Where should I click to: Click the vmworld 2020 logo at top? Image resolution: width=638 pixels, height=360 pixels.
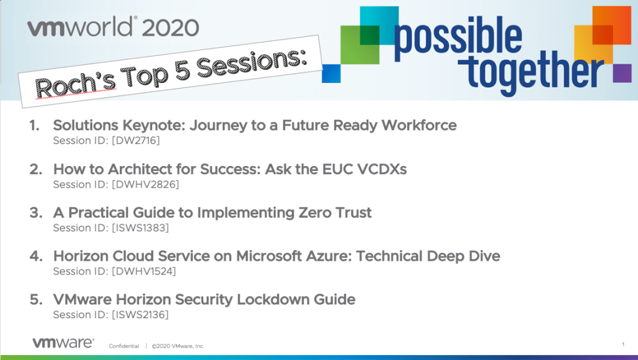[x=113, y=27]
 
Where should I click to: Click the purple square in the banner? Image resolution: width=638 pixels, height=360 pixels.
[x=622, y=73]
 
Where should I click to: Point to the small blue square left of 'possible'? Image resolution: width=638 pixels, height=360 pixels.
[x=331, y=73]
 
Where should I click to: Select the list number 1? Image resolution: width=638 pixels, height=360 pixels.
[x=34, y=125]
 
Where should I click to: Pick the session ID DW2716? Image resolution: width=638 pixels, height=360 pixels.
[x=136, y=140]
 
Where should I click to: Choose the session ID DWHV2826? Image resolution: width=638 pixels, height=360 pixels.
[x=145, y=185]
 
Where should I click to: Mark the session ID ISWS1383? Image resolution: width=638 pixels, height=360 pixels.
[x=140, y=228]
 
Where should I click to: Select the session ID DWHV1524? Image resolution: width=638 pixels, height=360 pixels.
[x=143, y=271]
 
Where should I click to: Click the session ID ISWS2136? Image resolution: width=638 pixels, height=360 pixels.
[x=140, y=315]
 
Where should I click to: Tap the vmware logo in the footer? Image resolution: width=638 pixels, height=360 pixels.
[x=64, y=343]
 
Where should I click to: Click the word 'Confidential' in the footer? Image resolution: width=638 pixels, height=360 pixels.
[x=124, y=346]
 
